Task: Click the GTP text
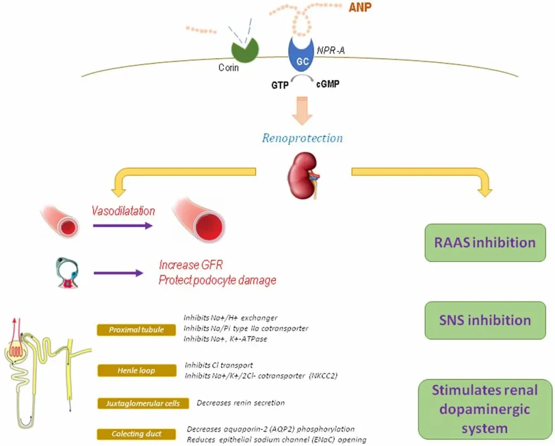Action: pyautogui.click(x=280, y=85)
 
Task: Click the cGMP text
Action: pyautogui.click(x=327, y=85)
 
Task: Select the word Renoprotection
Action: pyautogui.click(x=302, y=138)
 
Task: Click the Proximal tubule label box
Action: pyautogui.click(x=137, y=329)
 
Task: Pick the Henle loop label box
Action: pyautogui.click(x=137, y=371)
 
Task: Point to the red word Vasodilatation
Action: pyautogui.click(x=123, y=211)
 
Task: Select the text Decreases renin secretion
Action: pyautogui.click(x=241, y=403)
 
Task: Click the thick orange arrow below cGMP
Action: pyautogui.click(x=302, y=111)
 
